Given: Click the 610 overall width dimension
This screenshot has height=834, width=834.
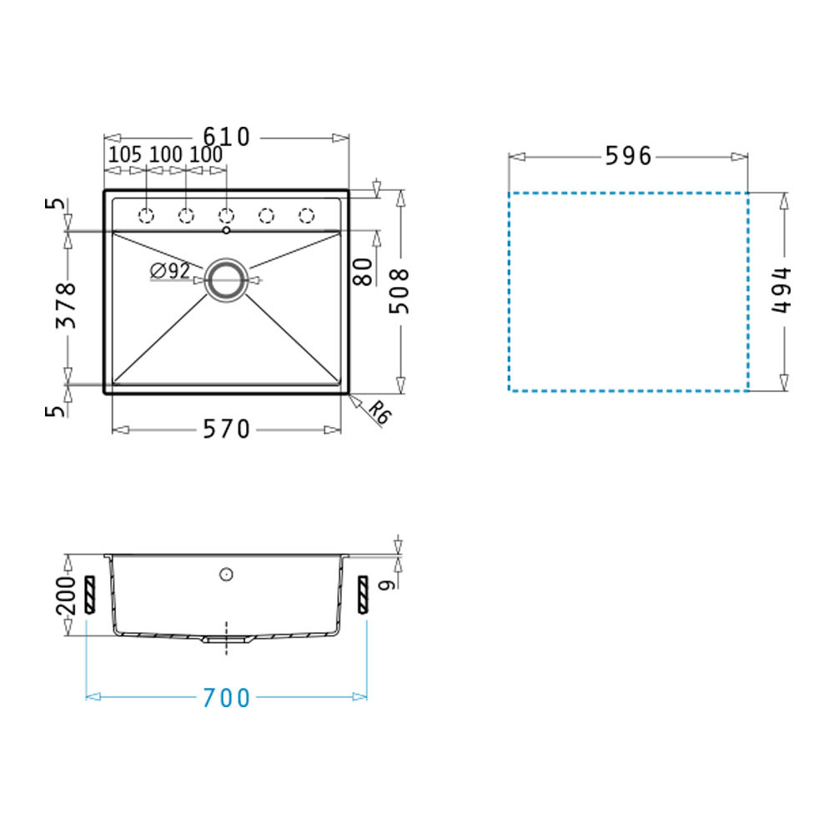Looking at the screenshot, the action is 227,138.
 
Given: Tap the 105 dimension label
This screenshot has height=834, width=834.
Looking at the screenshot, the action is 125,155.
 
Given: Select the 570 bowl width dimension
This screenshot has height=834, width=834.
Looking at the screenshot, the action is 227,430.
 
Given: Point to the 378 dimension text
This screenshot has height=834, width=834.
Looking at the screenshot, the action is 67,305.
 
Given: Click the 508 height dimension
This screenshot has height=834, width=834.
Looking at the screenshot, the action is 399,291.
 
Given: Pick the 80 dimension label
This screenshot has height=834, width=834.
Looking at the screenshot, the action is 363,272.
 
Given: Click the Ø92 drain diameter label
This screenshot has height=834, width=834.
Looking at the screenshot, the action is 170,271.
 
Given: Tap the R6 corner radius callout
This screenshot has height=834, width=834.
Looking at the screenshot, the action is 379,412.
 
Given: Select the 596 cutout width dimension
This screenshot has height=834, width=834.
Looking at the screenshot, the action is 628,156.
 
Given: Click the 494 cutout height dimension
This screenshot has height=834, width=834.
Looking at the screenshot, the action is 781,290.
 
